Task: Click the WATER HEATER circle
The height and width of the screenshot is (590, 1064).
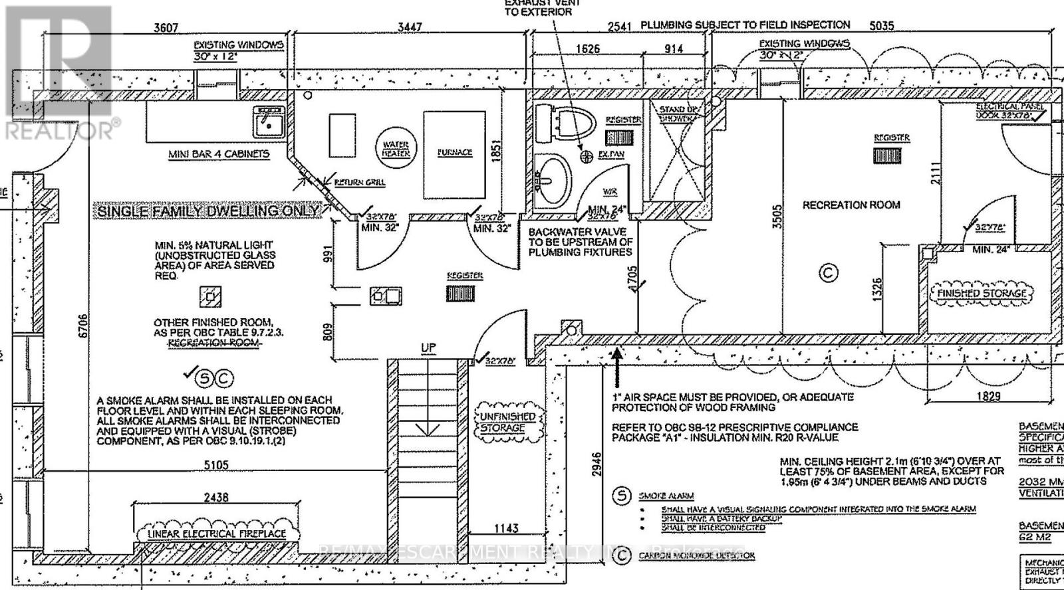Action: [396, 149]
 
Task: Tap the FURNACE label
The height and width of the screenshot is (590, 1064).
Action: [455, 152]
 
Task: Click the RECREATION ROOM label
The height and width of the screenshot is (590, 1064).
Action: [851, 205]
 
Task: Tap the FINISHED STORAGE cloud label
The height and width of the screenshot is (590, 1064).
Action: [982, 293]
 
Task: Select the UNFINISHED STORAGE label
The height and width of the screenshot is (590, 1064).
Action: [507, 422]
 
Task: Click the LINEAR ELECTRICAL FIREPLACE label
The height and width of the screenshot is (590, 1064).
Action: [217, 534]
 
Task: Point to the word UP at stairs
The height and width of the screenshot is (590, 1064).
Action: [428, 348]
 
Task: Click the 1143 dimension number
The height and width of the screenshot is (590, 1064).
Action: [506, 528]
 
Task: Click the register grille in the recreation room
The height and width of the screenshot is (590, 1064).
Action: [886, 156]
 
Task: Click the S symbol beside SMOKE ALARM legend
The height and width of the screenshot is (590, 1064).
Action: [622, 496]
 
